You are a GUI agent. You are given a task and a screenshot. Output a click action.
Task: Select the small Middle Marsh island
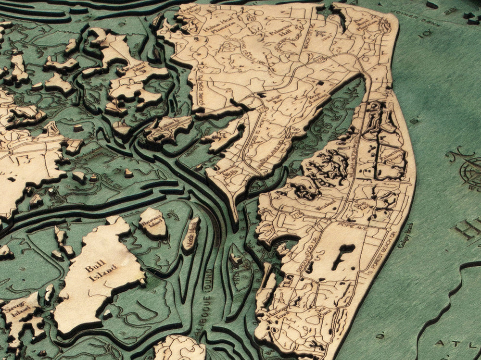[x=191, y=234]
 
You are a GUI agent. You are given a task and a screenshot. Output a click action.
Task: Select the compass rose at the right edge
[x=469, y=171]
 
